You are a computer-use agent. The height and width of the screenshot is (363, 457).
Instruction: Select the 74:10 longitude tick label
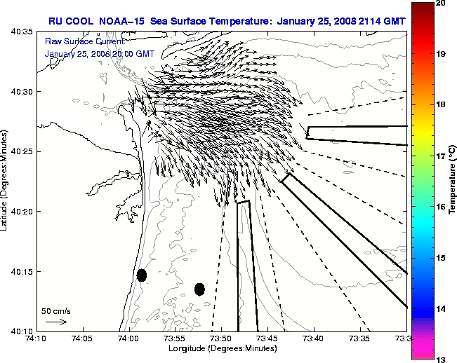37,338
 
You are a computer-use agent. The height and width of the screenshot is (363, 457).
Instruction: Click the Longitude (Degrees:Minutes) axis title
221,348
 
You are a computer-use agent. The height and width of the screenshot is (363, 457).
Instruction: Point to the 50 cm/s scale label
56,310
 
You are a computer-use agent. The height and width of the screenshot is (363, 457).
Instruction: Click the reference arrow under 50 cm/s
56,322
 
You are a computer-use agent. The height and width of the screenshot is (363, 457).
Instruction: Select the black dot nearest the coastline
142,275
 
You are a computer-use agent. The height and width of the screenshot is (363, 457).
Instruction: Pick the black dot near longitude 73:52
199,289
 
